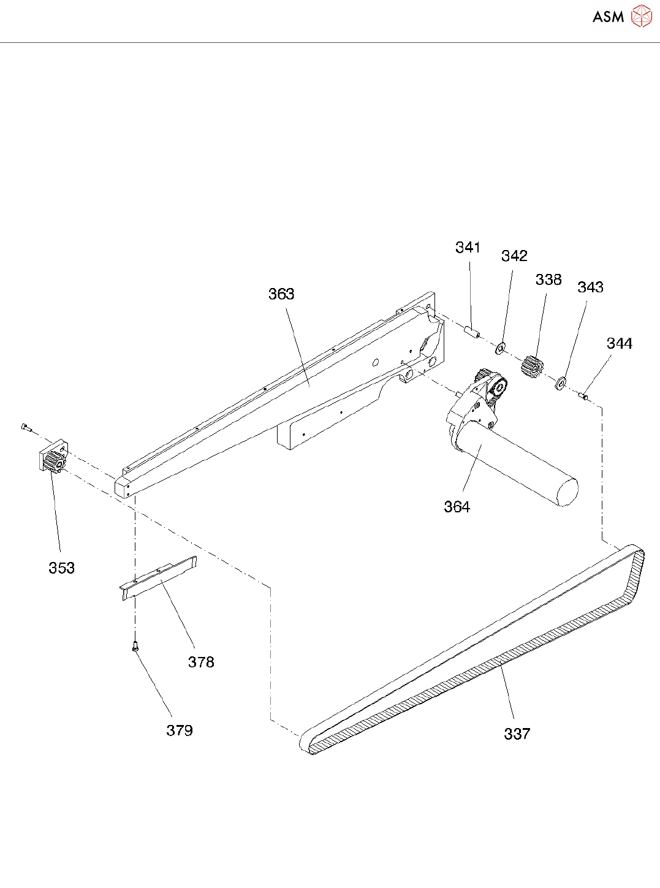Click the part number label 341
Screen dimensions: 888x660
[468, 247]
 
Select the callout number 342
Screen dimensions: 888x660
[514, 256]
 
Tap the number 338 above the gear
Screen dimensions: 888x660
[548, 279]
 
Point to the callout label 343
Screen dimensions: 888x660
[590, 287]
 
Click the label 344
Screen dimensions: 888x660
[619, 343]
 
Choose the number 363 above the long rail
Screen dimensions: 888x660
[281, 294]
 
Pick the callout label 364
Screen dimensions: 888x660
[457, 507]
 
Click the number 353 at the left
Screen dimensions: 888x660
[61, 568]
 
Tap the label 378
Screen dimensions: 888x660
[201, 662]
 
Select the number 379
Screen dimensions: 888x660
[180, 731]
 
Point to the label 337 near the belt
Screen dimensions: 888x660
[517, 734]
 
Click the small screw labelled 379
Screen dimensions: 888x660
[135, 645]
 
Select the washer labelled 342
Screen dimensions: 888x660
[501, 349]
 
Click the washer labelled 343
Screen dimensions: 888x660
[560, 385]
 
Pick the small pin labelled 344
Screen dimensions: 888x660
[584, 397]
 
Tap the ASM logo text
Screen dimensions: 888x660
[608, 17]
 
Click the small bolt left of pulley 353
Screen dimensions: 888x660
[25, 427]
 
